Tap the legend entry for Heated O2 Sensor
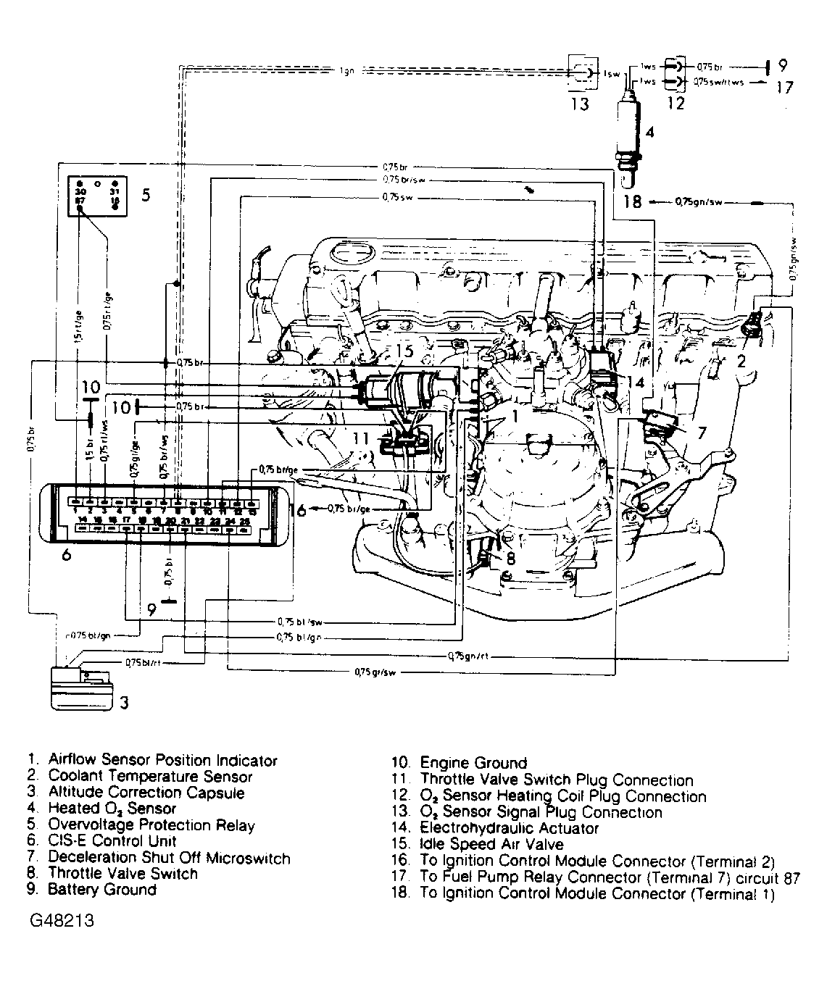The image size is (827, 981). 112,809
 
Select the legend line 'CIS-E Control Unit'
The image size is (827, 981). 112,841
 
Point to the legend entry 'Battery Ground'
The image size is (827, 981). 102,890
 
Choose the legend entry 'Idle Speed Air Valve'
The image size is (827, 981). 491,844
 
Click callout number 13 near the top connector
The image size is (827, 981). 579,104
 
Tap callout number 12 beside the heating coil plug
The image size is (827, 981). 676,104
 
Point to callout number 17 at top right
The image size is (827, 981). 784,88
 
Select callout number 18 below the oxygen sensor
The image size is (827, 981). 633,202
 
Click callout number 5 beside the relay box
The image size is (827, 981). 146,195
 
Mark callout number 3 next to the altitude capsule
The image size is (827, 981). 125,702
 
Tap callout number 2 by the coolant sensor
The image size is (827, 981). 741,359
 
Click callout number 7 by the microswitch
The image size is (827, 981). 701,433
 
